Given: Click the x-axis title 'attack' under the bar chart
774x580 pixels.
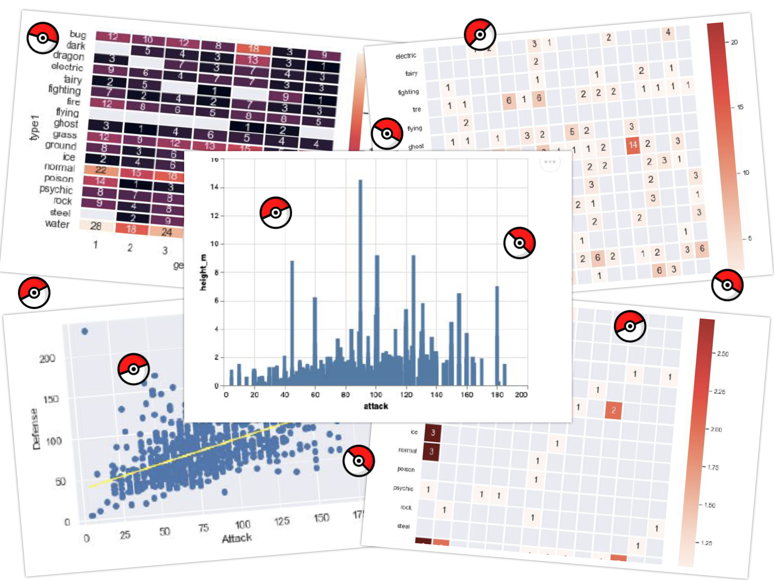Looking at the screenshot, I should pos(376,406).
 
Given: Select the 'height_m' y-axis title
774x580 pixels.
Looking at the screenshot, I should pos(203,272).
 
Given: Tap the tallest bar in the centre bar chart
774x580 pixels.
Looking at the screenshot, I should pos(360,282).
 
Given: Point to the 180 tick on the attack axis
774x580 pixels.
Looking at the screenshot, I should pos(497,395).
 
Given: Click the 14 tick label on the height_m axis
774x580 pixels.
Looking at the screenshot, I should pos(214,187).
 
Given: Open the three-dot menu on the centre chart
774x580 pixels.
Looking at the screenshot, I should pos(549,162).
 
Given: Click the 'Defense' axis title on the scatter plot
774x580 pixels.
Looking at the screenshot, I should pos(36,429).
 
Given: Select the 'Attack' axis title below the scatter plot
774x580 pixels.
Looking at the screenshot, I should pos(237,538).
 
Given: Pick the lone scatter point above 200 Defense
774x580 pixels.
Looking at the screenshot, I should pos(85,331).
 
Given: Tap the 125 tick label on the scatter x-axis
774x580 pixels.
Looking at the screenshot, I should pos(282,521).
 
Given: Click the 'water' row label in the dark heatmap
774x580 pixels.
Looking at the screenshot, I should pos(57,224).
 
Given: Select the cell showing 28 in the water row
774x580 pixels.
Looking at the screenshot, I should pos(96,226).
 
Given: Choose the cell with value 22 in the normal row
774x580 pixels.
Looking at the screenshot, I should pos(101,170).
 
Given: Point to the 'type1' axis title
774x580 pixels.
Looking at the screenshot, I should pos(35,127).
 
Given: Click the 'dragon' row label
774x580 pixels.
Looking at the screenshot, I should pos(69,56).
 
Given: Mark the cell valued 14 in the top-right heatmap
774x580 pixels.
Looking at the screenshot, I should pos(633,145).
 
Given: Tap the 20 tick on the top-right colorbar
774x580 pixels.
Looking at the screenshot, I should pos(734,42).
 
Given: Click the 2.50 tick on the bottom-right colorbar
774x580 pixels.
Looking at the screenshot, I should pos(723,354).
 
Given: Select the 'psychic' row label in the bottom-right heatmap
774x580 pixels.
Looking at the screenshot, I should pos(403,488).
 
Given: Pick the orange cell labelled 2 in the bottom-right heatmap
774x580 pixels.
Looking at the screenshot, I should pos(613,410).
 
